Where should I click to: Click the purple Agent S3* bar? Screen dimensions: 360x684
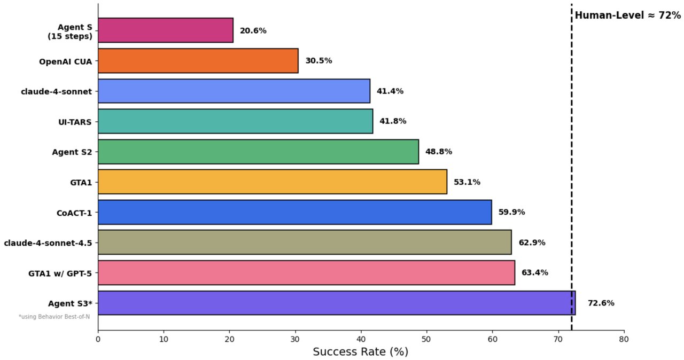point(337,303)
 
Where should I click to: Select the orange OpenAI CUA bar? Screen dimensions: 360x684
point(198,60)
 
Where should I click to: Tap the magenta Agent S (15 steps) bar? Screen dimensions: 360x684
point(166,30)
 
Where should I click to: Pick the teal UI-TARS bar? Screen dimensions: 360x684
point(236,121)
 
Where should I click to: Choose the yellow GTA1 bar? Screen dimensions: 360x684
point(273,182)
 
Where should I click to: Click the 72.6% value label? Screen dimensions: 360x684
point(601,303)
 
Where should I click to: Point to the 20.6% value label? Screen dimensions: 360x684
point(253,30)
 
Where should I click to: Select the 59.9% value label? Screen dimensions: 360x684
point(511,212)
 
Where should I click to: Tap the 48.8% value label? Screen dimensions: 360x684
point(438,152)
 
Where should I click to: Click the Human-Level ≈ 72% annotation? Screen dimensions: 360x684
point(627,15)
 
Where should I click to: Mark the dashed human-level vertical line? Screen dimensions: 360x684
point(571,160)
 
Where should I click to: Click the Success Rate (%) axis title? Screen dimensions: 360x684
point(360,351)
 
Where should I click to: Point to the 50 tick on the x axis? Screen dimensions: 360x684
point(426,339)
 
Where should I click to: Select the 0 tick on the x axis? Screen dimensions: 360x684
point(98,339)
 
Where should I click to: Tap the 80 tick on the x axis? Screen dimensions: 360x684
point(624,339)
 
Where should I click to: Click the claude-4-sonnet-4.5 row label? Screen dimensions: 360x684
point(48,242)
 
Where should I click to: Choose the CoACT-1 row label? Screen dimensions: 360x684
point(74,213)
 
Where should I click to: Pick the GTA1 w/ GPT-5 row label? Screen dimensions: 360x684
point(60,273)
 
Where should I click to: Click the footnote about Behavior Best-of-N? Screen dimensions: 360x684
point(54,317)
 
